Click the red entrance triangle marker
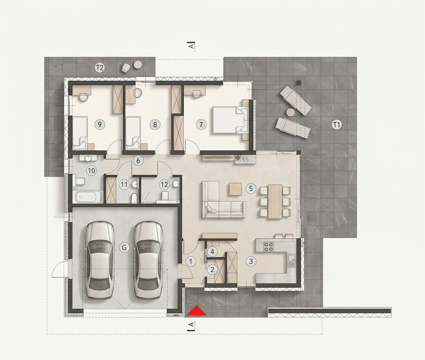coord(196,311)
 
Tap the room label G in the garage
coord(124,247)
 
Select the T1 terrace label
coord(336,125)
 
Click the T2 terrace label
coord(100,68)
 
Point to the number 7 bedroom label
coord(201,124)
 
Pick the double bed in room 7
coord(230,120)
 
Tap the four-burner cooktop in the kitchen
coord(268,247)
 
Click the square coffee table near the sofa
coord(235,189)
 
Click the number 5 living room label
coord(251,188)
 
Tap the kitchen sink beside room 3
coord(292,259)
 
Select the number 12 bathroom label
coord(164,185)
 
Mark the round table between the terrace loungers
coord(290,112)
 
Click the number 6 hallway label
coord(138,161)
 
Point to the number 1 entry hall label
coord(191,261)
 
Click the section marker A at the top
coord(192,46)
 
